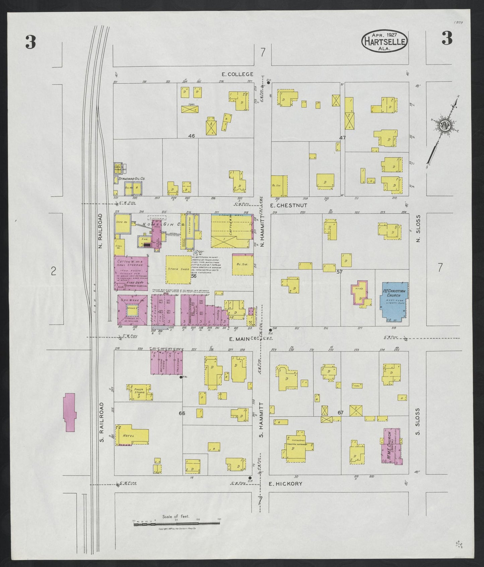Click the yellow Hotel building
pyautogui.click(x=131, y=435)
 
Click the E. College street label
pyautogui.click(x=237, y=74)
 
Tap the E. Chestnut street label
pyautogui.click(x=284, y=205)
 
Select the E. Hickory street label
pyautogui.click(x=286, y=484)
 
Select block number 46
pyautogui.click(x=191, y=136)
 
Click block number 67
pyautogui.click(x=340, y=413)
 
